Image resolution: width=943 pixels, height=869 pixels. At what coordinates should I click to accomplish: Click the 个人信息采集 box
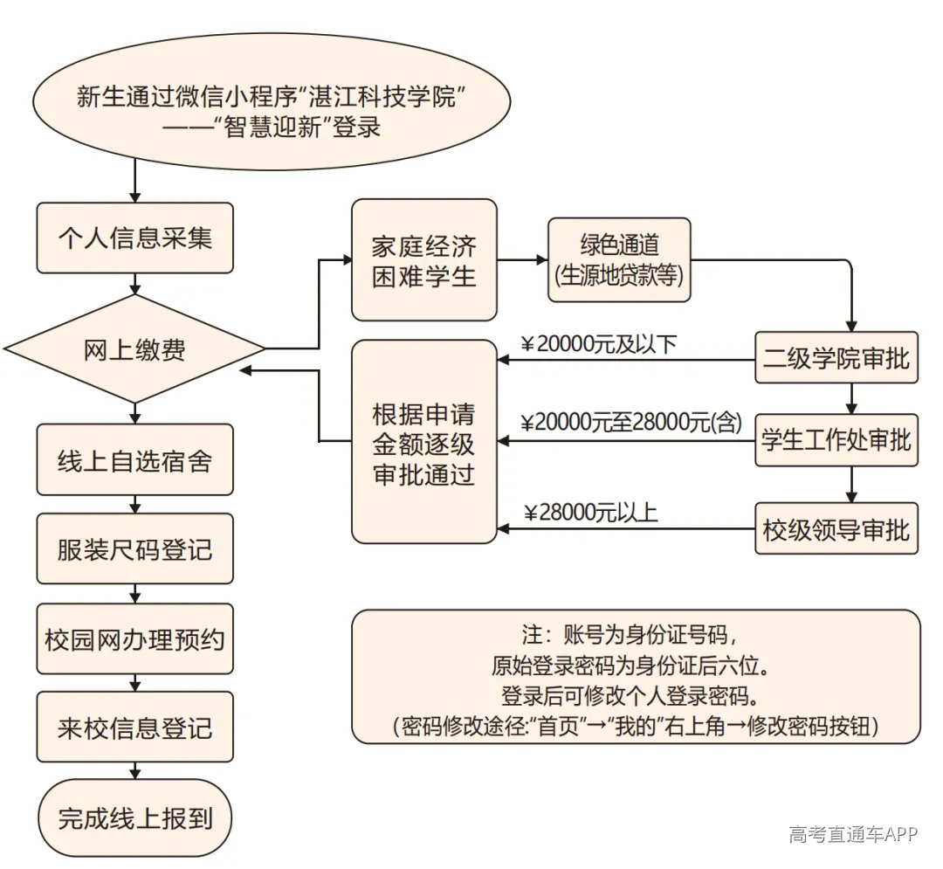pos(134,238)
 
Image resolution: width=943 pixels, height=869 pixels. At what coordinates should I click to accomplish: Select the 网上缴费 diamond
pos(134,348)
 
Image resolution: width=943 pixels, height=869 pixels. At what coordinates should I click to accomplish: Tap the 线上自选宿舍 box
pos(134,460)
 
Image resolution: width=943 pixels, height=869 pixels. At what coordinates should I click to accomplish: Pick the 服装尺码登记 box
pos(134,548)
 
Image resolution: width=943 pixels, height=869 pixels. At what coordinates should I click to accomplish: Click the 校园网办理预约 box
pos(134,638)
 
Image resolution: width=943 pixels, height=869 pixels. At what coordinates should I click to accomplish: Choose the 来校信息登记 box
pos(134,727)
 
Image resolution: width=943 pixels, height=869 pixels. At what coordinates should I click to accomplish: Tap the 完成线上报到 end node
pos(134,817)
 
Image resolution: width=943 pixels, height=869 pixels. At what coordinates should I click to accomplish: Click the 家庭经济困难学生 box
pos(424,260)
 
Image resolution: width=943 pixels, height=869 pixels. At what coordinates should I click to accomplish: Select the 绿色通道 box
pos(619,259)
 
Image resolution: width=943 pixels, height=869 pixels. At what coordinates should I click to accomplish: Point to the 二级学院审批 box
pos(836,358)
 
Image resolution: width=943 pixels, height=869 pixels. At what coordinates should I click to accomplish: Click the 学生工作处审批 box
pos(836,440)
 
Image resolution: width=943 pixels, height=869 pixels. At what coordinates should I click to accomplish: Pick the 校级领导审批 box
pos(836,528)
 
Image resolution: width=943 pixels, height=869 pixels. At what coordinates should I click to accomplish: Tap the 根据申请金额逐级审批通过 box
pos(424,442)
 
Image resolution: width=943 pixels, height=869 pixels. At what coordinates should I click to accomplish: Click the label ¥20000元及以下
pos(599,344)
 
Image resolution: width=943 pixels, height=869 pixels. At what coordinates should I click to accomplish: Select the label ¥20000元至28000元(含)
pos(631,423)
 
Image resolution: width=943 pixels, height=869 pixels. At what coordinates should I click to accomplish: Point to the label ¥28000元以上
pos(590,513)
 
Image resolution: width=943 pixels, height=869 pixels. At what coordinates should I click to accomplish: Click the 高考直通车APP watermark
pos(853,833)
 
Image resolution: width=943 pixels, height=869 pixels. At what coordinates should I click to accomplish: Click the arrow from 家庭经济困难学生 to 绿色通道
pos(523,259)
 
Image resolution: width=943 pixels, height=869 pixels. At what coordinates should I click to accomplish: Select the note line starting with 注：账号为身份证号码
pos(630,634)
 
